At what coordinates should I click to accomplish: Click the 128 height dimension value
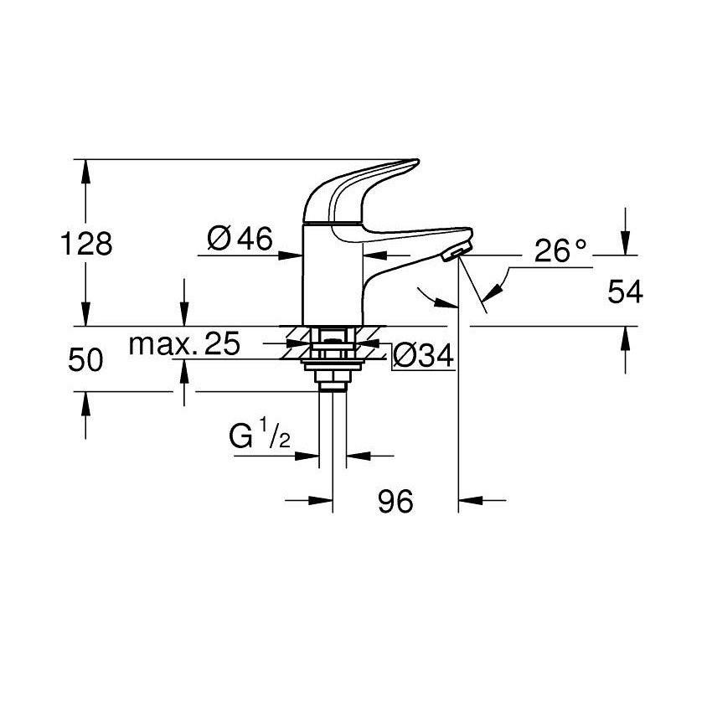pyautogui.click(x=86, y=244)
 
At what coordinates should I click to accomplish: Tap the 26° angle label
pyautogui.click(x=560, y=250)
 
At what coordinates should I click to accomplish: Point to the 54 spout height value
pyautogui.click(x=625, y=292)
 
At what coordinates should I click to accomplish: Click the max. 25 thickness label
pyautogui.click(x=184, y=343)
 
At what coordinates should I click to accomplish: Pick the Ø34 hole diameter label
pyautogui.click(x=423, y=355)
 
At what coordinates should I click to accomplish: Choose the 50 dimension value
pyautogui.click(x=85, y=360)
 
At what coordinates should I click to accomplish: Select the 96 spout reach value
pyautogui.click(x=395, y=501)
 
